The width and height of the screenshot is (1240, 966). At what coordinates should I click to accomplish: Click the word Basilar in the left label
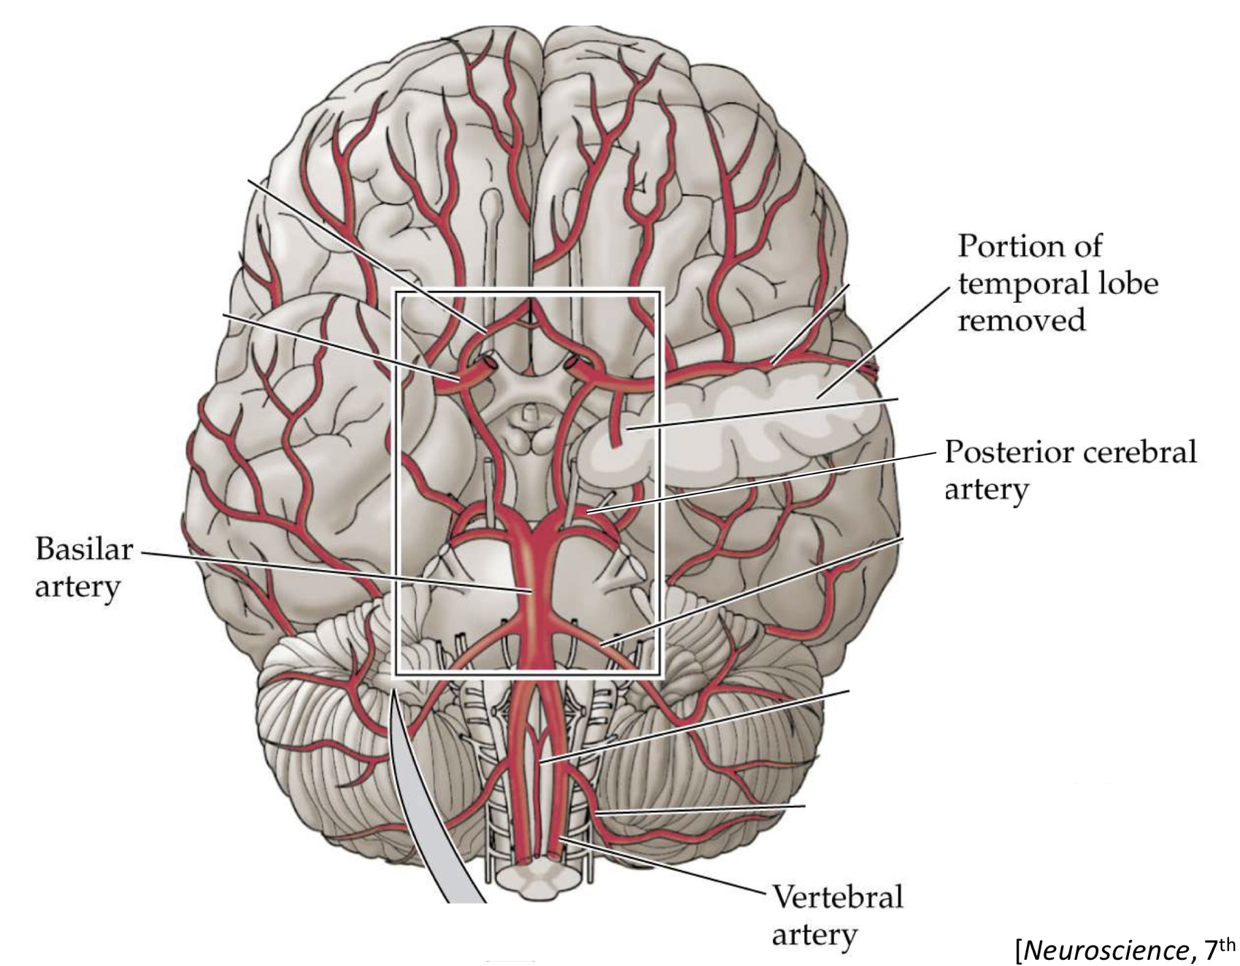(x=84, y=549)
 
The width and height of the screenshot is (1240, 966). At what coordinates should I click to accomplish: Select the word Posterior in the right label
(x=1001, y=452)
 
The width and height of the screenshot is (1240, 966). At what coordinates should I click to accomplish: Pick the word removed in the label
(x=1021, y=320)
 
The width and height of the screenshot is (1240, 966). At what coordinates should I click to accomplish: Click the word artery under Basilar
(x=77, y=587)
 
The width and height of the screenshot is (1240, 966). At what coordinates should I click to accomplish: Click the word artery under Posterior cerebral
(x=985, y=489)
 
